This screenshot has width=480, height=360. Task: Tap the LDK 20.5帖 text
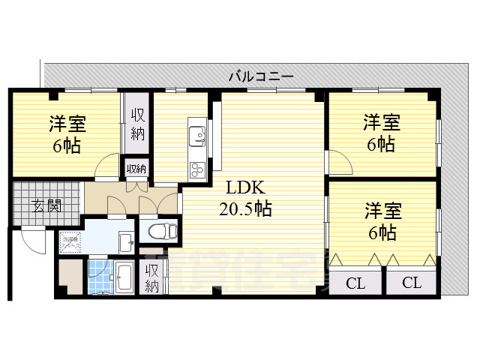245,199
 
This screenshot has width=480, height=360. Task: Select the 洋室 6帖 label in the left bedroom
67,133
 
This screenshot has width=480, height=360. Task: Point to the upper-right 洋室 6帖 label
382,133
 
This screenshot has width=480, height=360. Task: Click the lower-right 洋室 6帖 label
382,221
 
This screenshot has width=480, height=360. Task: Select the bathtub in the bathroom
124,279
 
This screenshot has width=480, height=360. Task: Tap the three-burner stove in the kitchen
198,168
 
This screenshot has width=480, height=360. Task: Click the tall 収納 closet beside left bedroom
138,124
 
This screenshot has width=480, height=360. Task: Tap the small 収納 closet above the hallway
136,169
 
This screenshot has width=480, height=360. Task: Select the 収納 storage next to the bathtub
152,277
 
